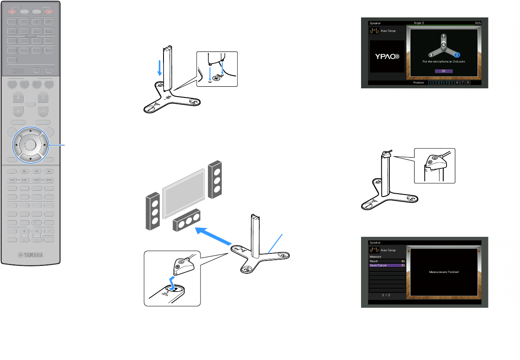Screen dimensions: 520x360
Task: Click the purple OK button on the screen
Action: click(x=443, y=71)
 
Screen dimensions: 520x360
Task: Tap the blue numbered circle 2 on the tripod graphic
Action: click(x=457, y=54)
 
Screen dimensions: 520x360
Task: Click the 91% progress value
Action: click(x=478, y=23)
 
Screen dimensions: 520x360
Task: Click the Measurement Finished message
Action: click(x=443, y=272)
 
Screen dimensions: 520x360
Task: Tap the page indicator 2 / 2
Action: click(x=386, y=295)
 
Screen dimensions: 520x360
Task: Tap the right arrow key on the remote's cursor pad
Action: click(x=44, y=145)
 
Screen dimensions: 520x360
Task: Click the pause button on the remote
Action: click(x=37, y=170)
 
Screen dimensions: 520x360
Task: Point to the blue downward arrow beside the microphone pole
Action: click(x=160, y=68)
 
